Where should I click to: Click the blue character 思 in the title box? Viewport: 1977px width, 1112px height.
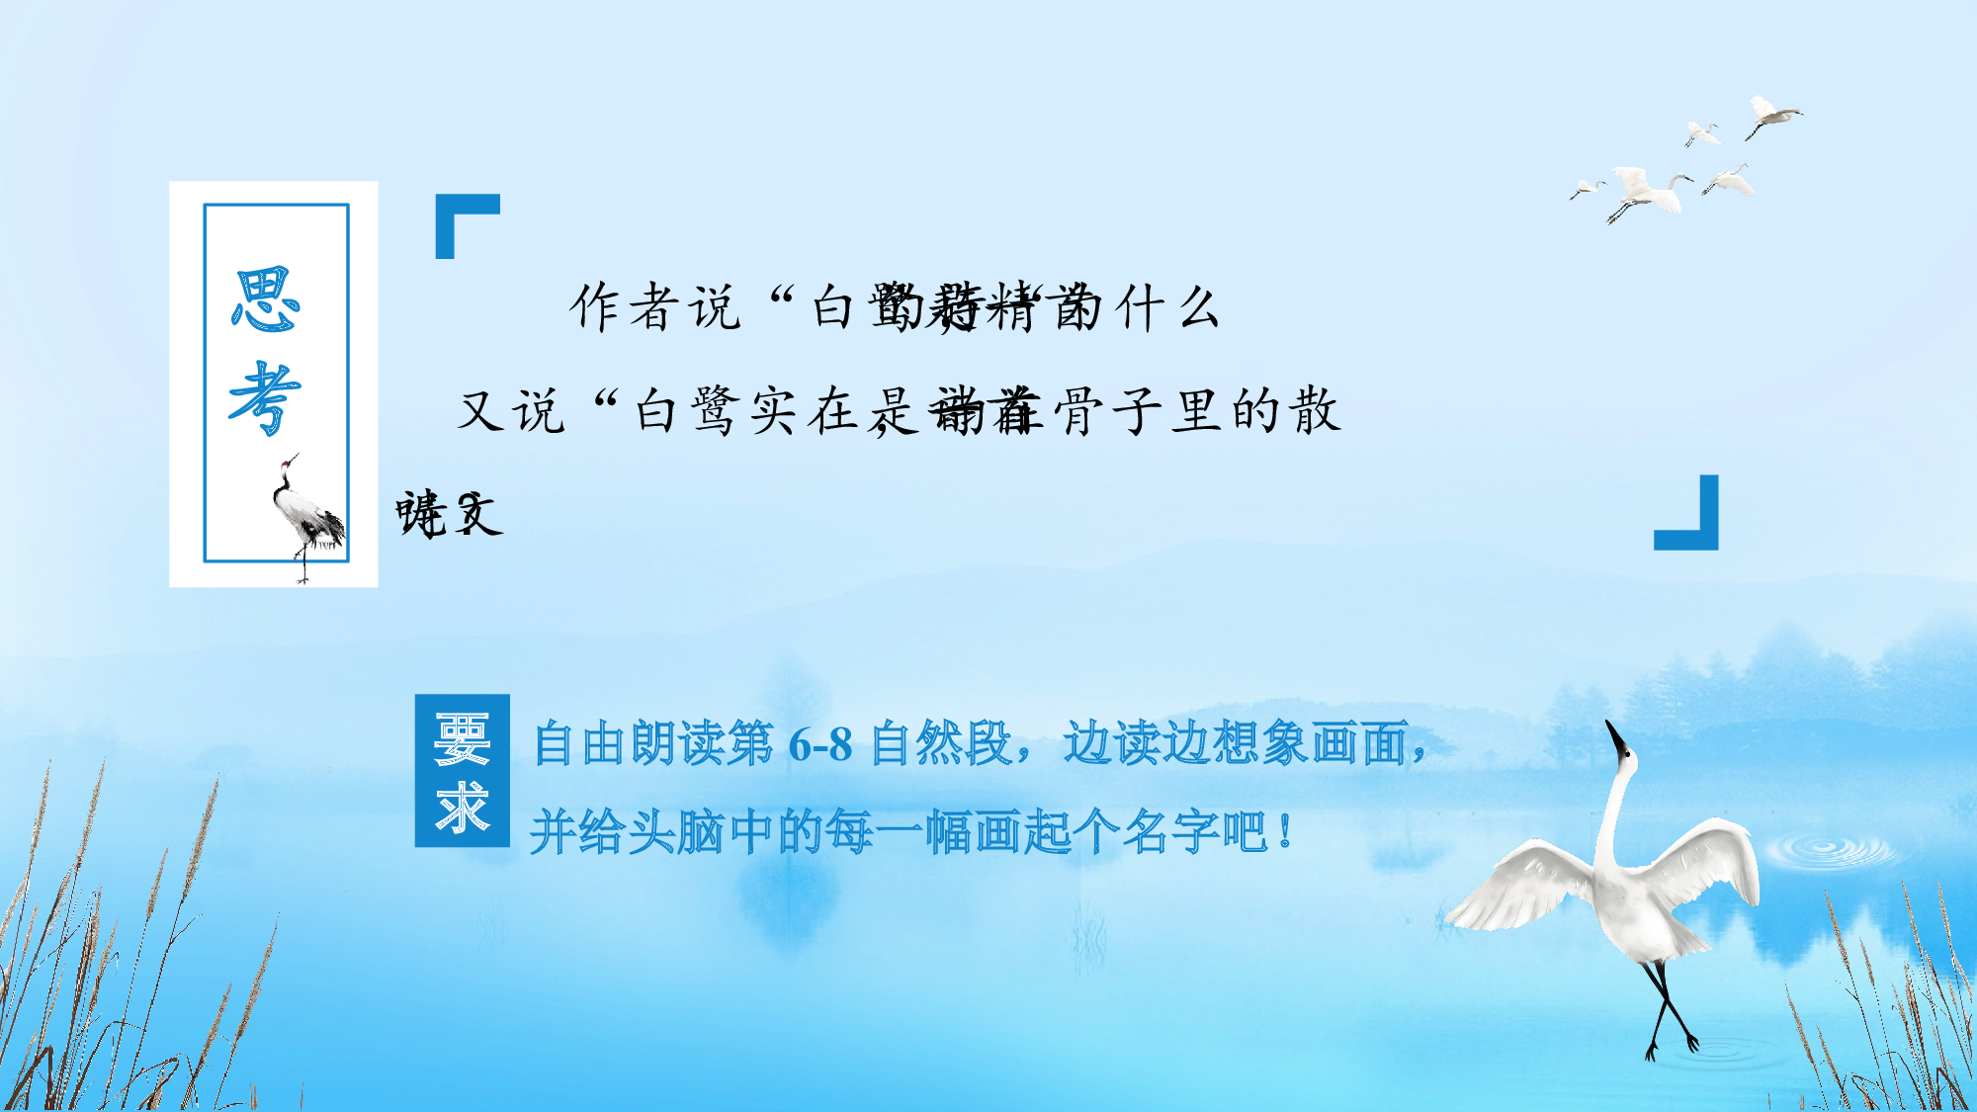(265, 299)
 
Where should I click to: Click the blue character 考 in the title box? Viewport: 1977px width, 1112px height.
(265, 397)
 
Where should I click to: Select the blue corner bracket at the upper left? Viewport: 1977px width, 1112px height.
(465, 223)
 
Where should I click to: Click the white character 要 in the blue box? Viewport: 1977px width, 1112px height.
(462, 739)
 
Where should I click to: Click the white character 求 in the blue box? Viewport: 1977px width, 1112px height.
(462, 808)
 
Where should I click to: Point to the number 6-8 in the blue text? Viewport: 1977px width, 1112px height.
(820, 744)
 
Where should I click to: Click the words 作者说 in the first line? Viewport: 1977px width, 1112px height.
(654, 307)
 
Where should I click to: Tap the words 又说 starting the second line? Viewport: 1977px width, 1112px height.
(511, 411)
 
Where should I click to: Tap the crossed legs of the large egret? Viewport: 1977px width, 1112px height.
(1670, 1008)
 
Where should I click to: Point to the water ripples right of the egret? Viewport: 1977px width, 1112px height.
(1829, 850)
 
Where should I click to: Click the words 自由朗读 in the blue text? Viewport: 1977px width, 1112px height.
(629, 744)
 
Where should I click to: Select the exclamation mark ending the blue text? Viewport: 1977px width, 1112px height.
(1284, 831)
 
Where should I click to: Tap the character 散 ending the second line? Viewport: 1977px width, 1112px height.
(1314, 411)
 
